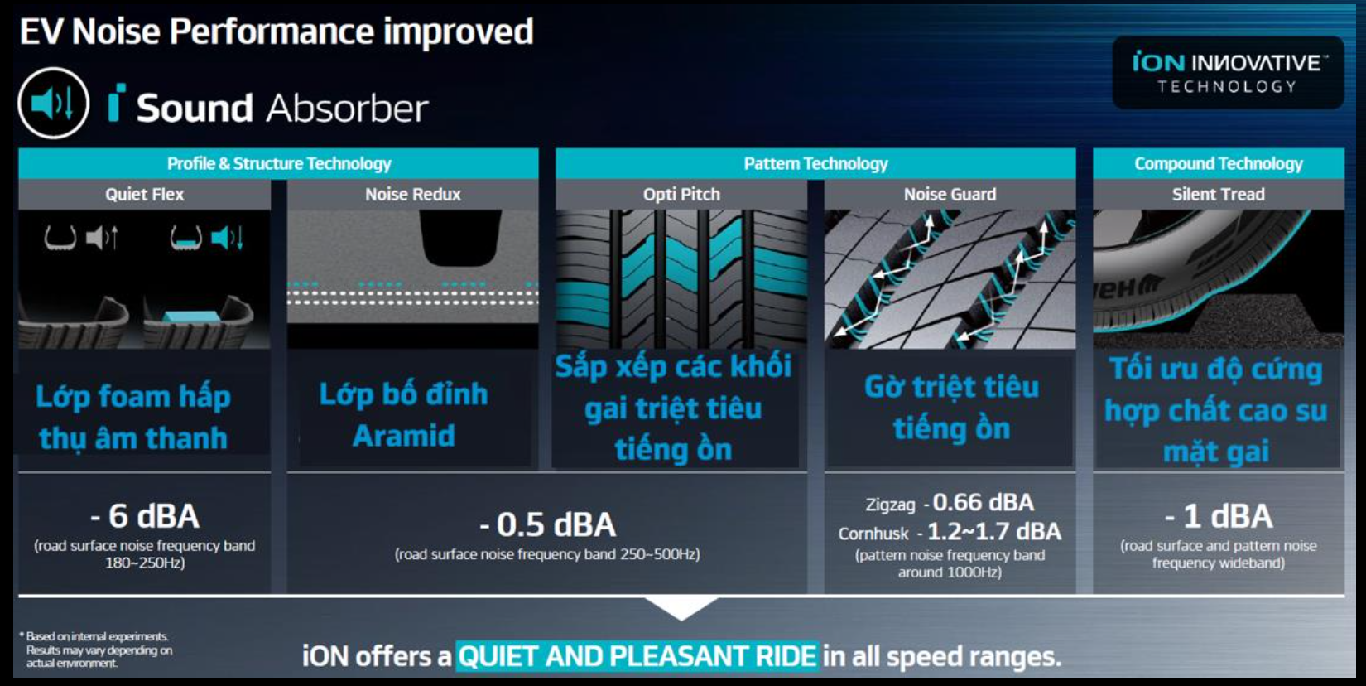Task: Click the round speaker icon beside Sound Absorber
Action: pyautogui.click(x=54, y=103)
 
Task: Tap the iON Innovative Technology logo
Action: pyautogui.click(x=1229, y=73)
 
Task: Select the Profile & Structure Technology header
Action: pyautogui.click(x=279, y=163)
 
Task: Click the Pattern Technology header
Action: pyautogui.click(x=815, y=163)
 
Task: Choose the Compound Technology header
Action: pyautogui.click(x=1219, y=163)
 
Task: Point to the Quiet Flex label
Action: pyautogui.click(x=145, y=194)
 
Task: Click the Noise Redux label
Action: pyautogui.click(x=413, y=194)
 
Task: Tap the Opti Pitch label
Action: pyautogui.click(x=681, y=194)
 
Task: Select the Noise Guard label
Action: pyautogui.click(x=950, y=194)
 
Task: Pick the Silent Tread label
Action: pyautogui.click(x=1218, y=194)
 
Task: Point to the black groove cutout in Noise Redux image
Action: pyautogui.click(x=460, y=237)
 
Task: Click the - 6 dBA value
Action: pyautogui.click(x=145, y=516)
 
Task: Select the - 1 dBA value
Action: pyautogui.click(x=1219, y=516)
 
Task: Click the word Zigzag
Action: pyautogui.click(x=890, y=505)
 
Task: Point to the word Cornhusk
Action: pyautogui.click(x=873, y=534)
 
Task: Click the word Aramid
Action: pyautogui.click(x=404, y=436)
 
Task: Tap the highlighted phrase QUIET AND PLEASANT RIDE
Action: pyautogui.click(x=637, y=657)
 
